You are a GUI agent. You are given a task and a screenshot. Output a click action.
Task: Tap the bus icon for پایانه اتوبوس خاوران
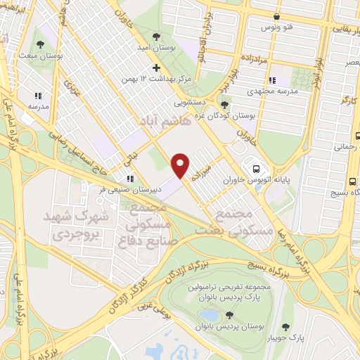256,169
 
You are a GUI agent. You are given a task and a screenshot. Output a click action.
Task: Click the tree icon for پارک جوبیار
285,327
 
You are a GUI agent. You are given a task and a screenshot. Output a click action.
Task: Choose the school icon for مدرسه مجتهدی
272,79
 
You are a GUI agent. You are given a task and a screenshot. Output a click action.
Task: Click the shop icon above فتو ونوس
278,17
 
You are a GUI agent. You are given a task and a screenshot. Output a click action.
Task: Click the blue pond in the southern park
208,315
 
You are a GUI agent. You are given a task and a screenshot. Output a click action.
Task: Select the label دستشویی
189,103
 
